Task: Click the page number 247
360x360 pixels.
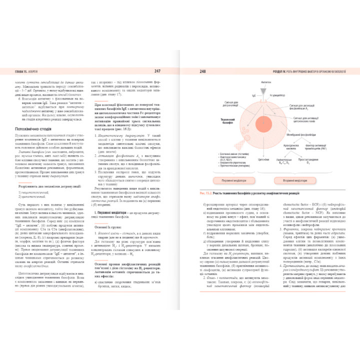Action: (157, 71)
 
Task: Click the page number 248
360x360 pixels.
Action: (202, 71)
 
